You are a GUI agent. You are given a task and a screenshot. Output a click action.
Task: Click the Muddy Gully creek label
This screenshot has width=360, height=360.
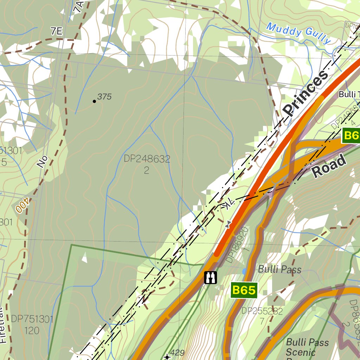pyautogui.click(x=298, y=33)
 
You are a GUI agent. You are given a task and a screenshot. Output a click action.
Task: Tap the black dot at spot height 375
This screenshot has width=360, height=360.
pyautogui.click(x=94, y=101)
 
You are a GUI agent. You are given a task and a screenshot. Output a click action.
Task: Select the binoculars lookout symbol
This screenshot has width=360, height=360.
pyautogui.click(x=210, y=277)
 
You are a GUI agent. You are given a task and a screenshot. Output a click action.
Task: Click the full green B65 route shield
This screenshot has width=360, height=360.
pyautogui.click(x=244, y=290)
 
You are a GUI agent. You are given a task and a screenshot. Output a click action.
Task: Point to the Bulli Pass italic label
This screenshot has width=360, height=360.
pyautogui.click(x=279, y=270)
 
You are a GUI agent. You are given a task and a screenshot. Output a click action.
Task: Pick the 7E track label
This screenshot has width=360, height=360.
pyautogui.click(x=56, y=32)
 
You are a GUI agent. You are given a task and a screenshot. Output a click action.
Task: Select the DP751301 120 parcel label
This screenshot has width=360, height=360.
pyautogui.click(x=32, y=324)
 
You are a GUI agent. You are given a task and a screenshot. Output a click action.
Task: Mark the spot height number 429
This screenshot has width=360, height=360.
pyautogui.click(x=177, y=352)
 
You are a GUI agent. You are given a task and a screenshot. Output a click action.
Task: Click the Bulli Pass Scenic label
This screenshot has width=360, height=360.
pyautogui.click(x=307, y=347)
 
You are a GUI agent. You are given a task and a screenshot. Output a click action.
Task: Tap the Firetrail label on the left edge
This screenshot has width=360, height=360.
pyautogui.click(x=3, y=325)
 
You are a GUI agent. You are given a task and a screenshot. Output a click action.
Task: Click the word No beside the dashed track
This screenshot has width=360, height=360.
pyautogui.click(x=42, y=162)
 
